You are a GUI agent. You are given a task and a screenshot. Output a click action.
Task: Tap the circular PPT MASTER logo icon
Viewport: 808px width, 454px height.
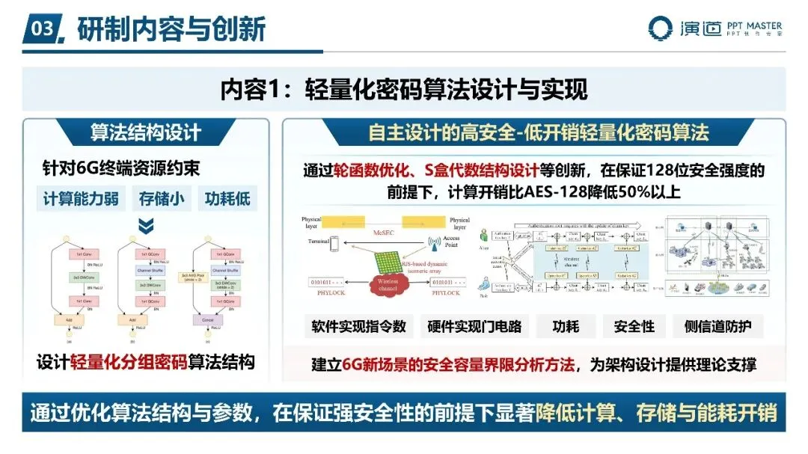point(661,28)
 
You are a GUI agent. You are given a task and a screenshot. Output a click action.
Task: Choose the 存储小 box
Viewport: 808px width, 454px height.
point(161,199)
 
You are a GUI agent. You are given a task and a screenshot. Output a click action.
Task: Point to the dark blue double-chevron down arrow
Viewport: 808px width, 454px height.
point(147,225)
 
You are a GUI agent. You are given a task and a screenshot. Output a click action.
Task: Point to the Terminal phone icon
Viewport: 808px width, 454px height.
point(334,244)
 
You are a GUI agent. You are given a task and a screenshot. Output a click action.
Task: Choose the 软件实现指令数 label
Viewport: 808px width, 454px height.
point(359,326)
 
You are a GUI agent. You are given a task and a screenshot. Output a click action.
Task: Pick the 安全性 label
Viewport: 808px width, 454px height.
point(634,326)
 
